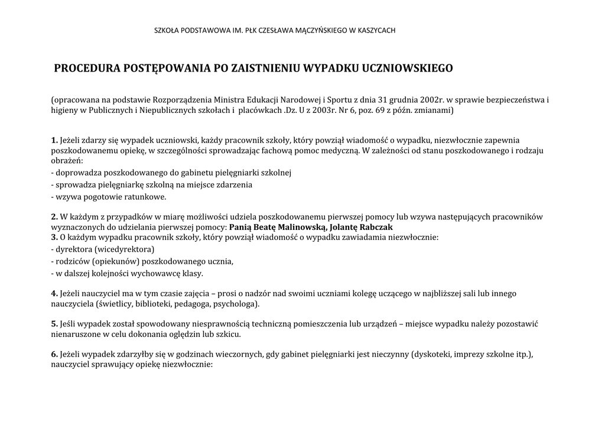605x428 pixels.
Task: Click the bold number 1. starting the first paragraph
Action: (x=54, y=140)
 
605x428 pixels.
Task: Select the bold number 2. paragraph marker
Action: (x=54, y=216)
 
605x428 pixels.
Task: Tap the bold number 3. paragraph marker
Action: (x=54, y=237)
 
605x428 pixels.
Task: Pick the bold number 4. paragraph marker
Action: (x=54, y=293)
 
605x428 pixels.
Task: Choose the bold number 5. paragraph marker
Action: (x=54, y=324)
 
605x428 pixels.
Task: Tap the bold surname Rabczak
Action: (x=375, y=227)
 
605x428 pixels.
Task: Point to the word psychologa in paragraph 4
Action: (x=236, y=304)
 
